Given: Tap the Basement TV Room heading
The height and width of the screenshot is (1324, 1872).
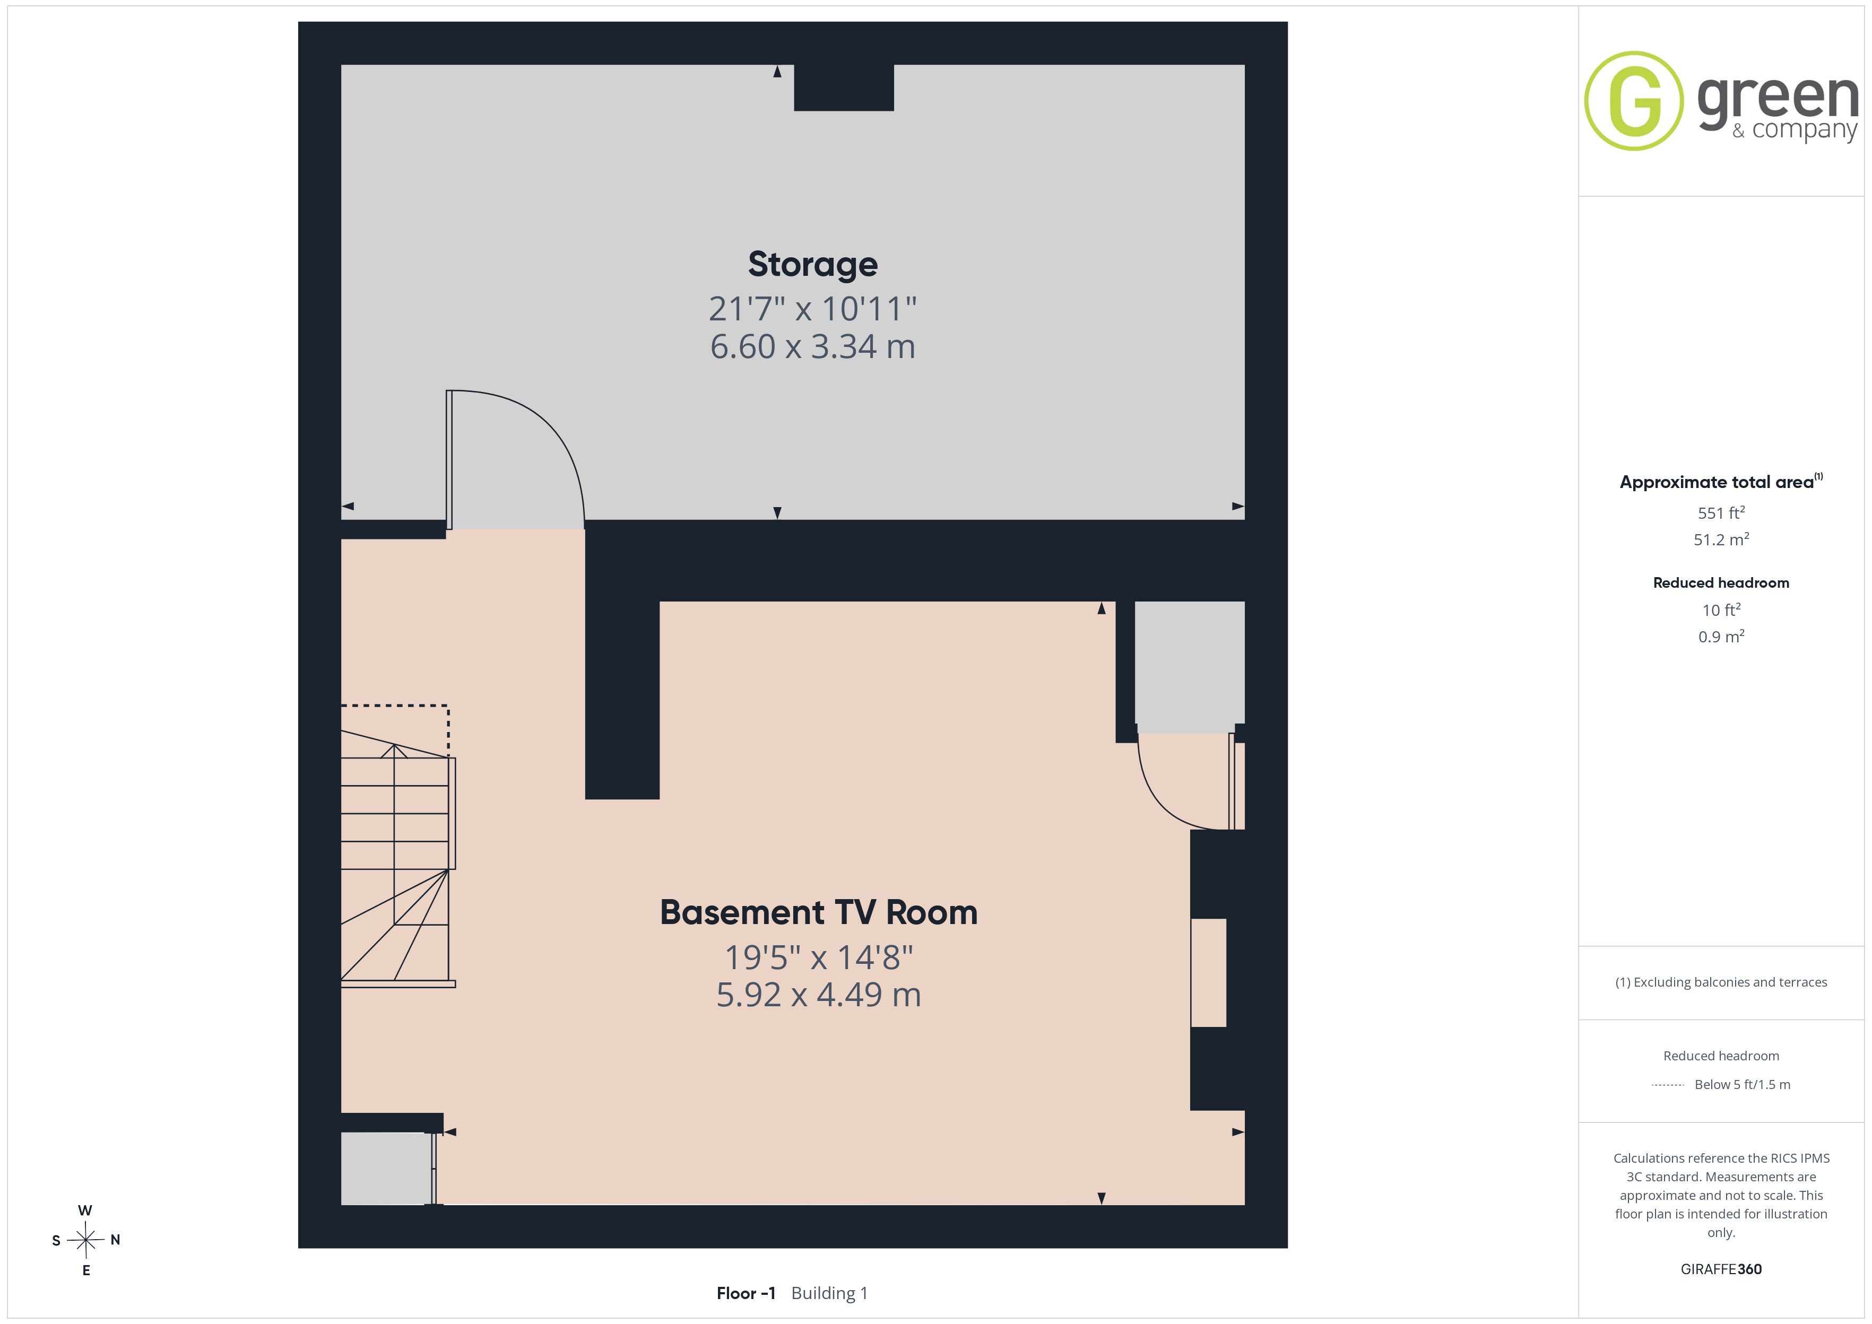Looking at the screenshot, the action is coord(819,912).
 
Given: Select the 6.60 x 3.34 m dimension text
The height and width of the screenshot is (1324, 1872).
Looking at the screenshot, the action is coord(813,346).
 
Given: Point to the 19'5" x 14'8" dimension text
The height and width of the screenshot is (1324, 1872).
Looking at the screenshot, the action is coord(819,957).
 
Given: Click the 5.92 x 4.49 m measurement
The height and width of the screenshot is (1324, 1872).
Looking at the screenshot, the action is coord(819,995).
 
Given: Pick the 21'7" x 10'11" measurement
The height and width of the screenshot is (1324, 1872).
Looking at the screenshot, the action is coord(813,309).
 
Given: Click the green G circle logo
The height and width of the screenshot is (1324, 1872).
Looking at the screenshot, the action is coord(1633,101).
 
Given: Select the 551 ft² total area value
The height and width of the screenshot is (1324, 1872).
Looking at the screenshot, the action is coord(1721,513).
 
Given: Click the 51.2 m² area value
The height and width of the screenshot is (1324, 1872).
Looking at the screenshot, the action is coord(1721,539).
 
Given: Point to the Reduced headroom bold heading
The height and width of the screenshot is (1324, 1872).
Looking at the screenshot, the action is coord(1721,583).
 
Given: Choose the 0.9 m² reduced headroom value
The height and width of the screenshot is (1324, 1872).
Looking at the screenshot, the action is coord(1721,637).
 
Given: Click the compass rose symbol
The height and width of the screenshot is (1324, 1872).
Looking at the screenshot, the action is coord(85,1241).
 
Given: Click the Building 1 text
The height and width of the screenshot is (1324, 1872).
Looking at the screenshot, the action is coord(829,1293).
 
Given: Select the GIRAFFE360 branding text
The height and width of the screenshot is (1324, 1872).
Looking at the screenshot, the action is coord(1721,1269).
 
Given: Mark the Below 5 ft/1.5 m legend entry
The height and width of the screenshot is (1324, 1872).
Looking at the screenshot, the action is coord(1743,1084).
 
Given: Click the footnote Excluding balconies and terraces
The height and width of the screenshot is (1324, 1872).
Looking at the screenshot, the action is coord(1721,982).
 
